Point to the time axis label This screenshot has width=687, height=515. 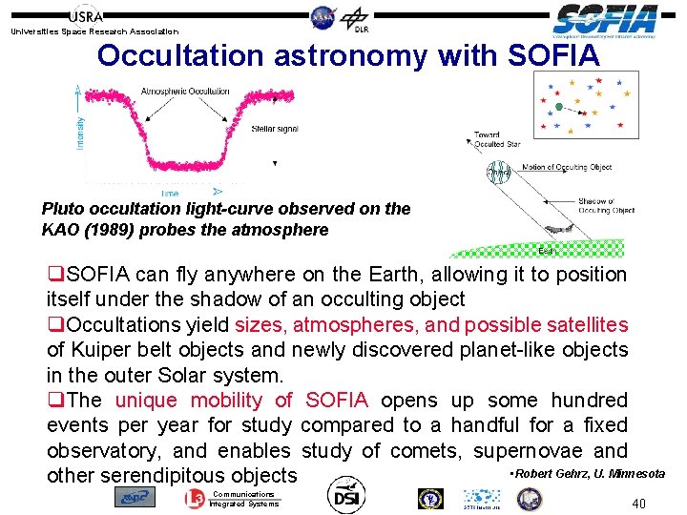click(170, 194)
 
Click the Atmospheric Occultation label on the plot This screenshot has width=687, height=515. click(185, 92)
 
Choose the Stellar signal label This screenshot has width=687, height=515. click(275, 129)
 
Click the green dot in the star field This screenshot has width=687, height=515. click(560, 105)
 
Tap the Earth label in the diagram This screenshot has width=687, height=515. click(546, 251)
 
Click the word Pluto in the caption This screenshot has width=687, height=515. click(63, 209)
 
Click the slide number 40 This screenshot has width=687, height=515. click(639, 503)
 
